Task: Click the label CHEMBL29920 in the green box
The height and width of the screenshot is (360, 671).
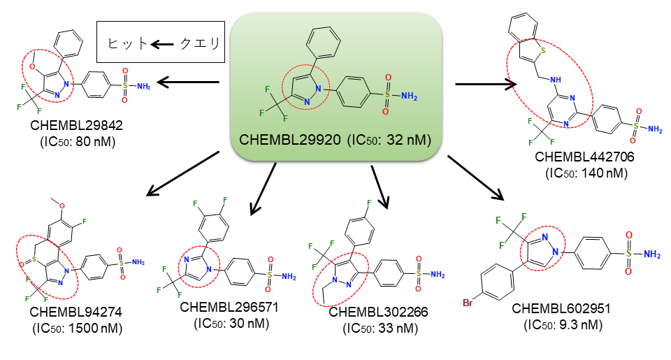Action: pos(289,140)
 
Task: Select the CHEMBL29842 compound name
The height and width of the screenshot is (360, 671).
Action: pos(77,125)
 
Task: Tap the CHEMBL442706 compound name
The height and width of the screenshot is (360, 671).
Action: pos(584,157)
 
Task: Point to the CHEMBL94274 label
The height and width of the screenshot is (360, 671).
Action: pos(75,312)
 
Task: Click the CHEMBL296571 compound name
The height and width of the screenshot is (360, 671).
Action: pos(229,307)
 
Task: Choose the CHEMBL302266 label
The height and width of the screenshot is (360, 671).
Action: pos(378,312)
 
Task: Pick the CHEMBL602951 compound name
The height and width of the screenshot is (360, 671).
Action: pos(561,308)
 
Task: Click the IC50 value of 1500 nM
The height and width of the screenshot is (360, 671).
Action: pos(78,329)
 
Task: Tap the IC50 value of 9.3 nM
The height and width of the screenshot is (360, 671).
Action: pos(563,325)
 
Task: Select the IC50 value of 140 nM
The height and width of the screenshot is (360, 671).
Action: pos(586,173)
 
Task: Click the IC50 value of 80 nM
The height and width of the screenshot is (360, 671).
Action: pos(78,142)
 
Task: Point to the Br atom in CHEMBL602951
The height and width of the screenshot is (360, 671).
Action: pos(468,303)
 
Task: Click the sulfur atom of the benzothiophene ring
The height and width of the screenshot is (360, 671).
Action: pos(543,50)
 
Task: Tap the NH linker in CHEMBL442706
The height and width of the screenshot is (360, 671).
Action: pos(556,80)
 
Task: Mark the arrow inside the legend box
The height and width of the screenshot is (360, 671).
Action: pos(162,43)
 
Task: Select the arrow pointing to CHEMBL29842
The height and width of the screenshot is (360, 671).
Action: pos(188,82)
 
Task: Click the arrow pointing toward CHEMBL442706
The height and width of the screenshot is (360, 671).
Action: pos(486,85)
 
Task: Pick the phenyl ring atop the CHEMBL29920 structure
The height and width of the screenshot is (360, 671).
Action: pos(324,42)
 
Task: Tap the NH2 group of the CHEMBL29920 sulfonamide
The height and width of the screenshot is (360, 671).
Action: pos(409,96)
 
